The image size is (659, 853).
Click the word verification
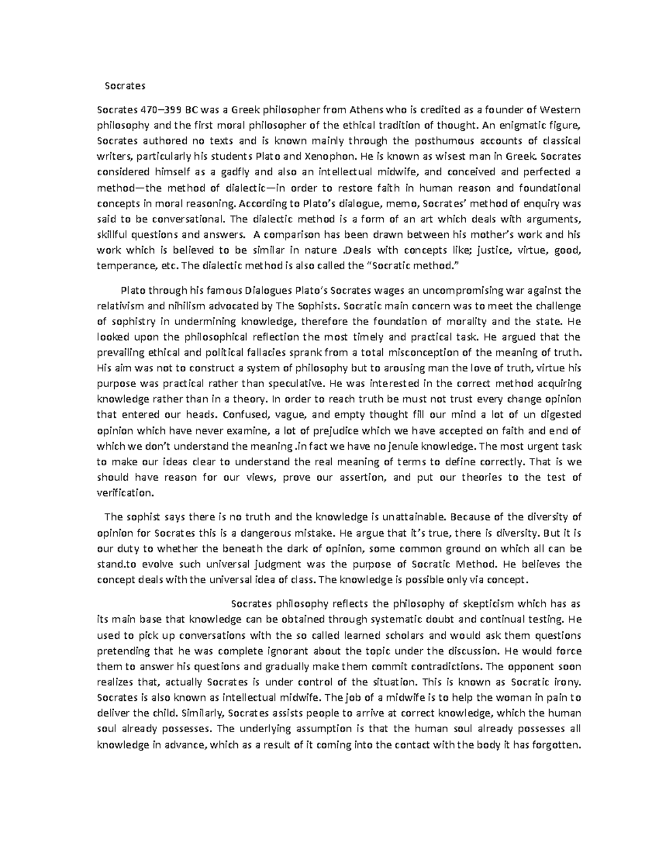tap(124, 493)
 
